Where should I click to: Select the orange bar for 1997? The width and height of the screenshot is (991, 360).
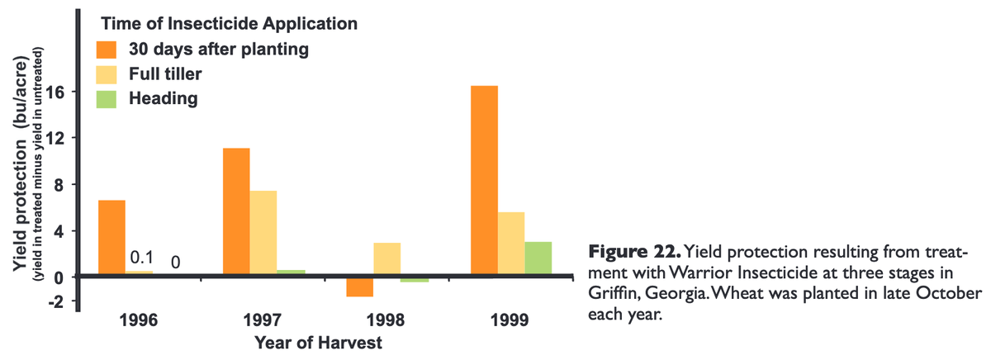point(236,211)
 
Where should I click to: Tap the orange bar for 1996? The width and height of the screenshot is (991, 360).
point(111,237)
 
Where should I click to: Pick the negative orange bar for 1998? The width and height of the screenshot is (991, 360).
point(360,286)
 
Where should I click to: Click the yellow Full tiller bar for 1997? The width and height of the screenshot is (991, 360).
point(263,232)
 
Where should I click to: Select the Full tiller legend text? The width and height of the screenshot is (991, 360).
point(165,74)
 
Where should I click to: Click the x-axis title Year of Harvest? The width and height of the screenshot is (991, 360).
point(318,340)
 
